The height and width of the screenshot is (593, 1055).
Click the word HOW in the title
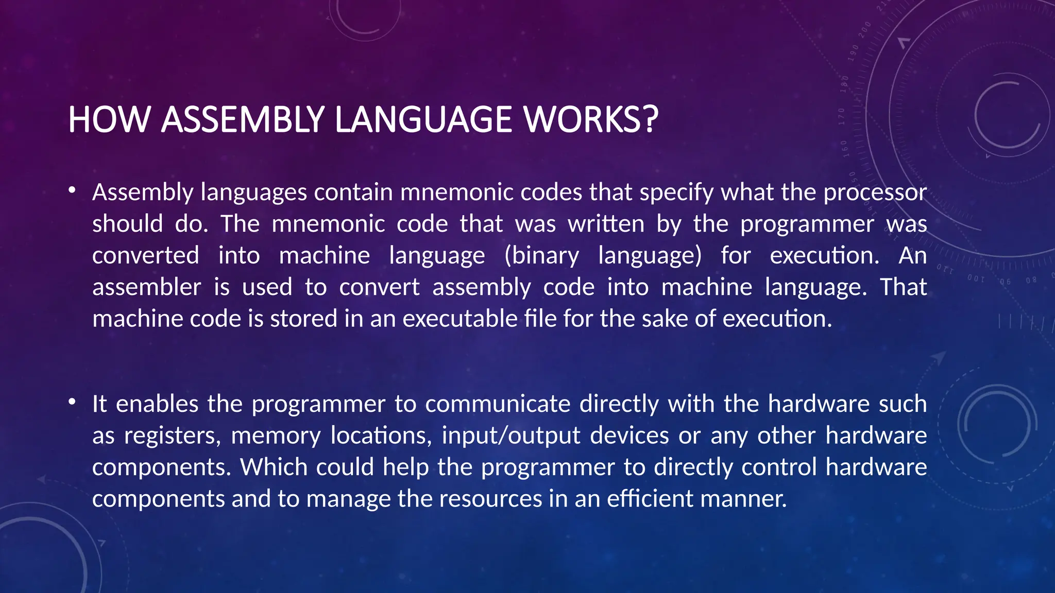109,119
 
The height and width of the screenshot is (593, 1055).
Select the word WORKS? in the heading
591,119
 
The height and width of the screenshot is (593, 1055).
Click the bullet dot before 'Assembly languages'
73,191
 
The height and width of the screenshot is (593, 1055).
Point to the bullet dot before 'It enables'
73,402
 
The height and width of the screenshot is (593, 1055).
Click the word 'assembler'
146,287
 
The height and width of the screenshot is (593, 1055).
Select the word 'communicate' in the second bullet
498,404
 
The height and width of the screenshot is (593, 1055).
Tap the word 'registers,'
173,436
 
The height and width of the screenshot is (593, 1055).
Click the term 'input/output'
511,436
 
